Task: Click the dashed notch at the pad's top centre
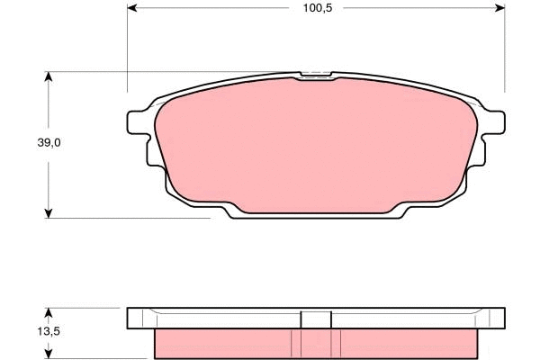[x=315, y=76]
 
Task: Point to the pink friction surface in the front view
[x=315, y=144]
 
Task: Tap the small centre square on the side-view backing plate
[x=315, y=319]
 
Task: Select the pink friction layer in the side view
[x=225, y=342]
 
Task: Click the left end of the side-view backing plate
[x=135, y=319]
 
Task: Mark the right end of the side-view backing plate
[x=495, y=319]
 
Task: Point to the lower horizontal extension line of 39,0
[x=135, y=217]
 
